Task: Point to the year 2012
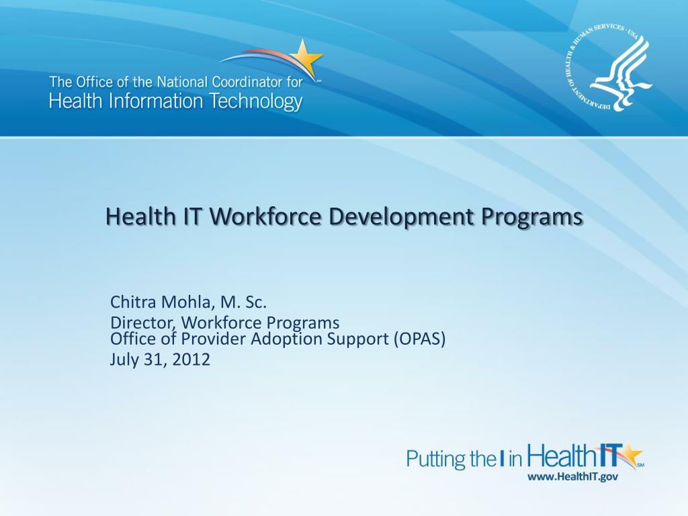tap(191, 359)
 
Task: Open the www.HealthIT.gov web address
tap(572, 476)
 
